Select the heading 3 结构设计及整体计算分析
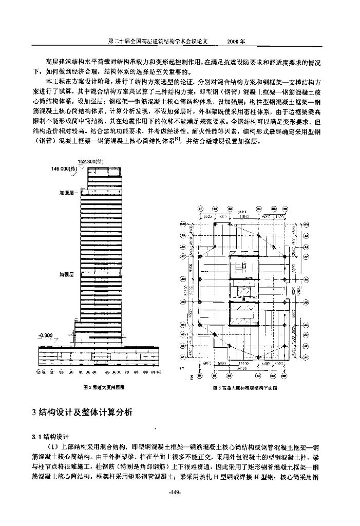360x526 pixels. point(82,411)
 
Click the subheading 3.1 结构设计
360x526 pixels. point(54,436)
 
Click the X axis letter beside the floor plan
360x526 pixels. point(192,377)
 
